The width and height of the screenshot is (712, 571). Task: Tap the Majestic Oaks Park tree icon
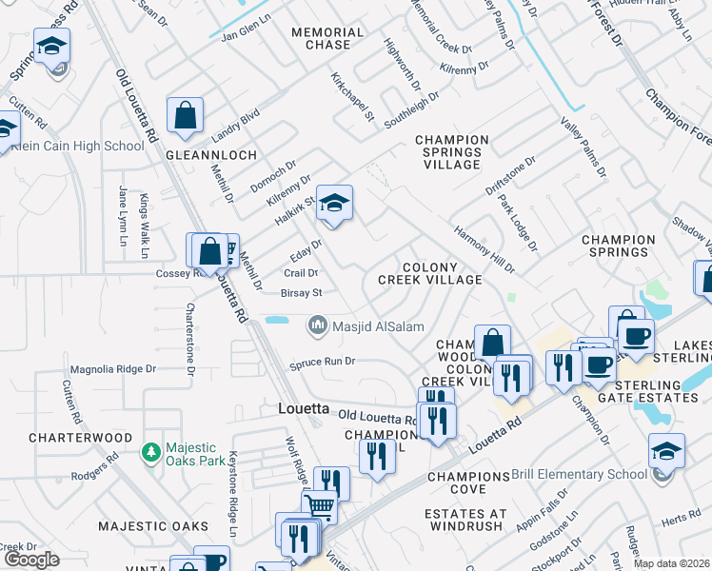click(149, 450)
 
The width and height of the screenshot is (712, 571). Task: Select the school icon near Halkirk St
click(334, 204)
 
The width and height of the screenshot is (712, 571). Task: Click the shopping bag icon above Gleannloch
click(186, 116)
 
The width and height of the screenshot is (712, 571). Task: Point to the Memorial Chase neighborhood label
click(327, 38)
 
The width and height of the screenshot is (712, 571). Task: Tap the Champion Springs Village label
click(452, 152)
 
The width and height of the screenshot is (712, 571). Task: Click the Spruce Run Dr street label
click(323, 362)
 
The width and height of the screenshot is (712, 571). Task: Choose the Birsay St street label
click(303, 293)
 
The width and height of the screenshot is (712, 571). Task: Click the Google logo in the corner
click(31, 560)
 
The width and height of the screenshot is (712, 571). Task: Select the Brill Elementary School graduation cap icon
click(665, 450)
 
